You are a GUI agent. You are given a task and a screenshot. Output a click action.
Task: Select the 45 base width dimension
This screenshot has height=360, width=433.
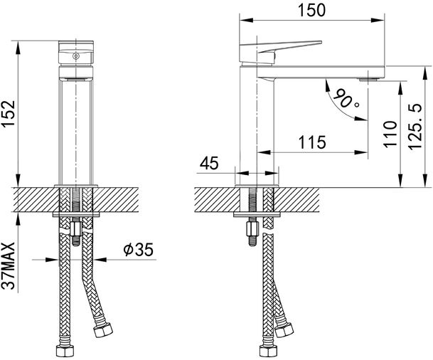click(x=208, y=163)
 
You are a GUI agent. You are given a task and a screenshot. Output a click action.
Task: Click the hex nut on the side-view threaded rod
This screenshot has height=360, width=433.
click(x=250, y=232)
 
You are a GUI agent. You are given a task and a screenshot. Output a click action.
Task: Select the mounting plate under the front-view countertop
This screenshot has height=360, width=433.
click(x=76, y=213)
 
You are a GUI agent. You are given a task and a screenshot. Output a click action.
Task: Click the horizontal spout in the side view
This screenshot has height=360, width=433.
click(x=320, y=72)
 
